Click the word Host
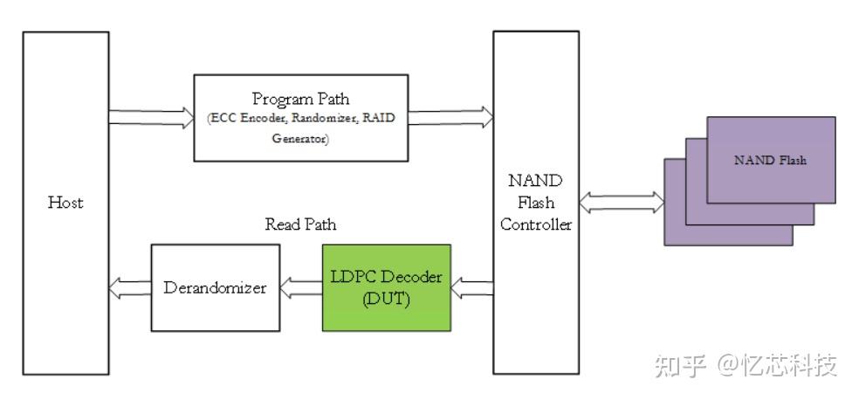click(65, 203)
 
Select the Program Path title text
click(301, 100)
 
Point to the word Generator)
click(301, 139)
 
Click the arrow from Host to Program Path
click(151, 118)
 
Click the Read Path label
click(301, 224)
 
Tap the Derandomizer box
click(216, 287)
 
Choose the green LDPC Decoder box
click(387, 287)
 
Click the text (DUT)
click(386, 300)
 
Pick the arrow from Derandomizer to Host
click(130, 287)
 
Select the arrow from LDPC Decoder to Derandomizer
click(301, 287)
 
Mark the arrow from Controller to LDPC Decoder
click(472, 288)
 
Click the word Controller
click(536, 224)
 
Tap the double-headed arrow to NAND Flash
click(622, 203)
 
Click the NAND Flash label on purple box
click(770, 161)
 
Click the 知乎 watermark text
click(680, 365)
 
